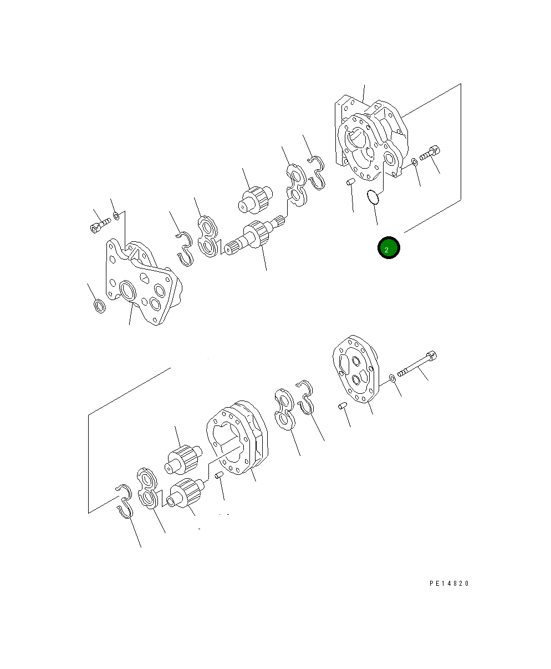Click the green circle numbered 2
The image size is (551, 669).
[x=389, y=247]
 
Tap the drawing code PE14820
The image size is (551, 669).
[x=449, y=584]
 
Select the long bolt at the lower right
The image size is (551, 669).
[x=417, y=364]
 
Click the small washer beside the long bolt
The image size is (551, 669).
[x=392, y=378]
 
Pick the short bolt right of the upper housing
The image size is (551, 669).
[x=430, y=153]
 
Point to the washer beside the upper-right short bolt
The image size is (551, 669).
[x=414, y=162]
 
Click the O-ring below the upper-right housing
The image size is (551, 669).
[x=373, y=197]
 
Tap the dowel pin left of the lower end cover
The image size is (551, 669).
[x=343, y=406]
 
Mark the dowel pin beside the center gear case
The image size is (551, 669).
[x=219, y=475]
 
